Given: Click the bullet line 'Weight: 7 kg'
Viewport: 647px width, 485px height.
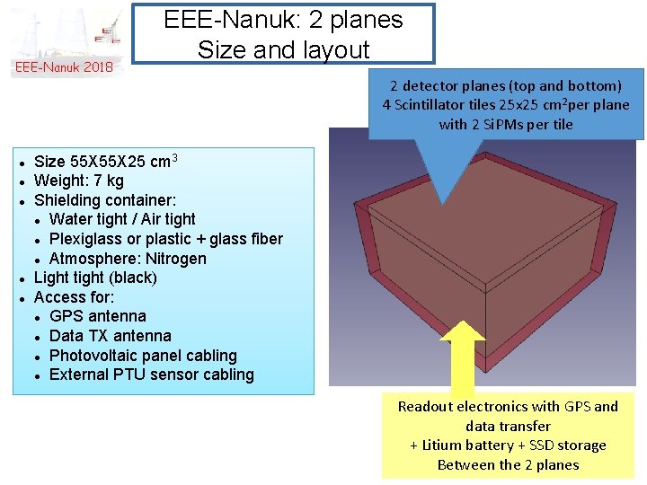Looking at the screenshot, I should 79,181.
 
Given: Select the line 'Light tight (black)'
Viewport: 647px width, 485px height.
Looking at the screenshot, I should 95,278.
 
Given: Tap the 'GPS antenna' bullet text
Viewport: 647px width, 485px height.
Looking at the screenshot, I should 98,316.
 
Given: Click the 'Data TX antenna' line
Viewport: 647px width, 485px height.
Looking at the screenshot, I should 111,336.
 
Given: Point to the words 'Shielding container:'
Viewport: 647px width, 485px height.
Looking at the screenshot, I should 105,200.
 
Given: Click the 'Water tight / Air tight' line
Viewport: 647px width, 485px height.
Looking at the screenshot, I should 122,219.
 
